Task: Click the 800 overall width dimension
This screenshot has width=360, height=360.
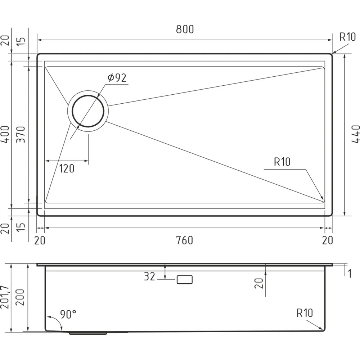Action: click(185, 30)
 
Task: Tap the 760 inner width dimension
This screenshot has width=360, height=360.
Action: click(185, 240)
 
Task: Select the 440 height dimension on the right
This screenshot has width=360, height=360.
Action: click(355, 134)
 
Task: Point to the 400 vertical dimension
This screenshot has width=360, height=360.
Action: click(5, 134)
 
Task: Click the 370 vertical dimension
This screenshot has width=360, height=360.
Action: click(21, 134)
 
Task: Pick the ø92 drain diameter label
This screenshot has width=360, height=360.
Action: click(117, 78)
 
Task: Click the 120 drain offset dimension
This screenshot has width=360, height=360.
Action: click(67, 169)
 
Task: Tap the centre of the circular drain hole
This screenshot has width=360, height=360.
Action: click(88, 111)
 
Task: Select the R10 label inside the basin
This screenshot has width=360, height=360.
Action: click(282, 162)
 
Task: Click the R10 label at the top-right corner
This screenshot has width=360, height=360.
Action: click(348, 37)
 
